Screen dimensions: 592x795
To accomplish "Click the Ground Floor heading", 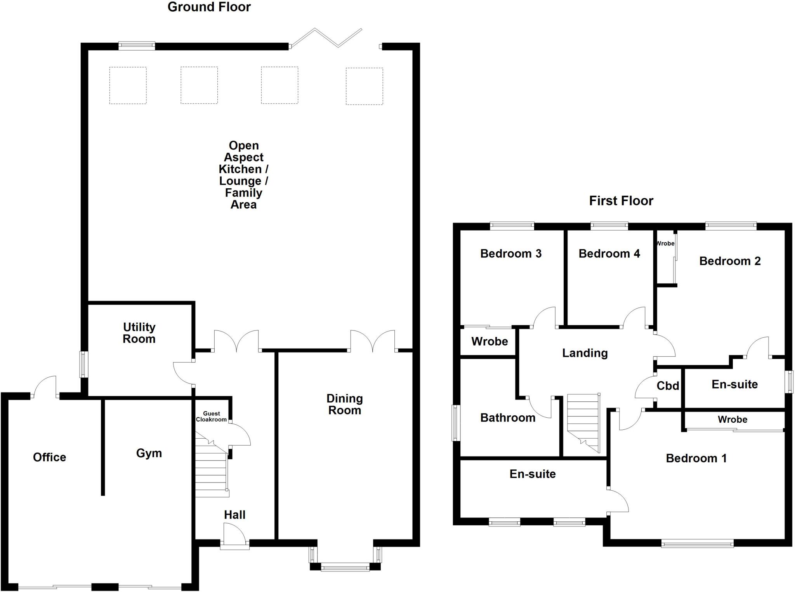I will click(209, 7).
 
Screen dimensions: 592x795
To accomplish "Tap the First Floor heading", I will click(621, 201).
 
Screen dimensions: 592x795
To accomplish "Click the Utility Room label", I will click(139, 333).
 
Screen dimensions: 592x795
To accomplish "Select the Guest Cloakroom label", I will click(211, 417).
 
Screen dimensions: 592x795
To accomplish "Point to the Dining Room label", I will click(344, 404).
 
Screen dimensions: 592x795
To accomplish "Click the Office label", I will click(49, 457).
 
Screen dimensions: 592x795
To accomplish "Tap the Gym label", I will click(149, 453).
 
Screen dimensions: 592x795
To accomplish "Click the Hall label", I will click(234, 515).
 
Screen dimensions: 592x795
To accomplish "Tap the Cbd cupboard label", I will click(668, 386).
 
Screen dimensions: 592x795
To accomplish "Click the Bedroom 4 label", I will click(609, 253).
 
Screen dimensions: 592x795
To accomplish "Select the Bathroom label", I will click(508, 418).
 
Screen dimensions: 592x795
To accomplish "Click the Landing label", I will click(585, 353).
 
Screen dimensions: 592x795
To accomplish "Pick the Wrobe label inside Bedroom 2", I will click(665, 243).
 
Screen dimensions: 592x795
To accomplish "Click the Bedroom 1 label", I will click(696, 458).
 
